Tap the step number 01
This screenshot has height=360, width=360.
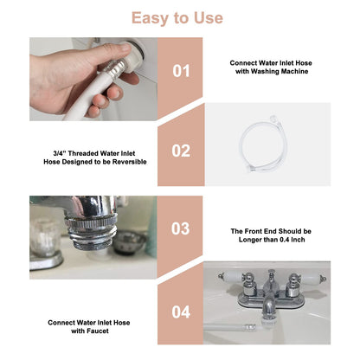click(181, 71)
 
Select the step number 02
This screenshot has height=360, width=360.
click(181, 151)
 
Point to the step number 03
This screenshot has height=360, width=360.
click(181, 229)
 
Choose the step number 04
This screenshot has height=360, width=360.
click(181, 309)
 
